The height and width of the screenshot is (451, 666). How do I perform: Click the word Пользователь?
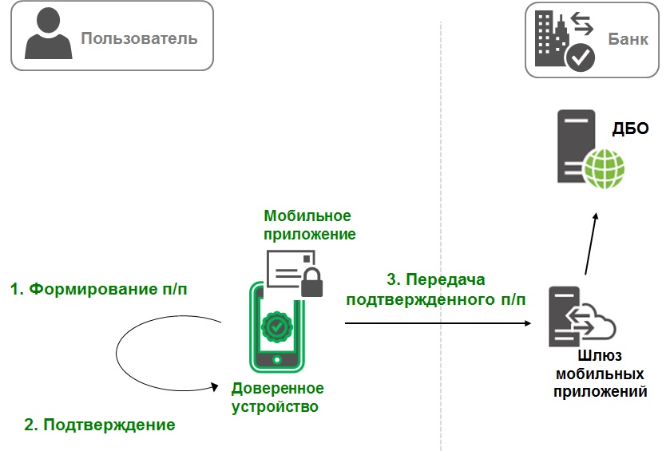point(139,38)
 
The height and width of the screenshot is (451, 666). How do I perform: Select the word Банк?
point(628,38)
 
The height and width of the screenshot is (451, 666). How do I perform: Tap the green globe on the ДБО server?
point(604,167)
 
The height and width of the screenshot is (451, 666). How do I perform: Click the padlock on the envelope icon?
point(311,281)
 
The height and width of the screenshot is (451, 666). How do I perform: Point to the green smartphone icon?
point(277,331)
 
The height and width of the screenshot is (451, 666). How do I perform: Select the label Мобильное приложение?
point(309,225)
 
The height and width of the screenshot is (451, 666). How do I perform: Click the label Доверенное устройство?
point(277,398)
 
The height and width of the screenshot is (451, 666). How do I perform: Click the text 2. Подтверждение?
point(100,425)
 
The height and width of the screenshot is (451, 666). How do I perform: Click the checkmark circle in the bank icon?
point(579,57)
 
